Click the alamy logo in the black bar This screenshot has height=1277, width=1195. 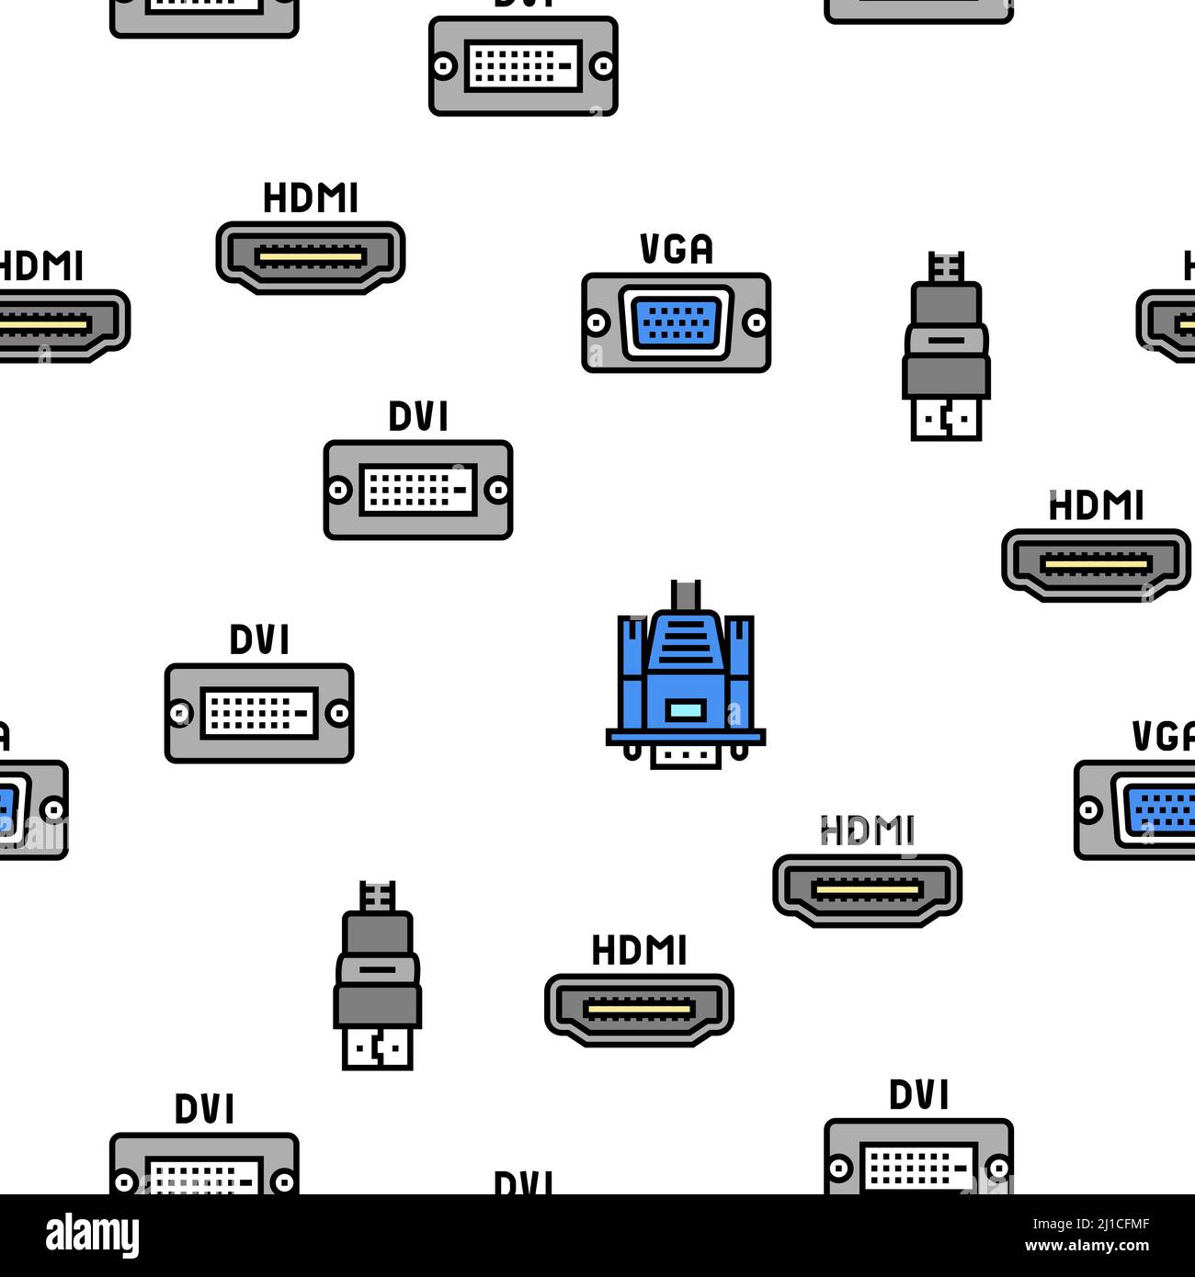tap(92, 1236)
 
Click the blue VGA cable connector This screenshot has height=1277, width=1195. tap(685, 675)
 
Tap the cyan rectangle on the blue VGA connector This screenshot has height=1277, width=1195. tap(686, 709)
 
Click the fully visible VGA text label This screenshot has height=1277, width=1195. tap(676, 250)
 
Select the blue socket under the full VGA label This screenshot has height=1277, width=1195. tap(676, 323)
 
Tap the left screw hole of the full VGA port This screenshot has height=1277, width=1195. tap(597, 323)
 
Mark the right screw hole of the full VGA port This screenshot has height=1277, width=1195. tap(756, 323)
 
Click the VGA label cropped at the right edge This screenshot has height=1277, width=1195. tap(1164, 737)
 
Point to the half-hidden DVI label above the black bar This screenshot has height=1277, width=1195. tap(523, 1182)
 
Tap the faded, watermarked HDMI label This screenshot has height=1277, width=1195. tap(867, 831)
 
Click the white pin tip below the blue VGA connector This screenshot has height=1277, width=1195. tap(686, 756)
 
